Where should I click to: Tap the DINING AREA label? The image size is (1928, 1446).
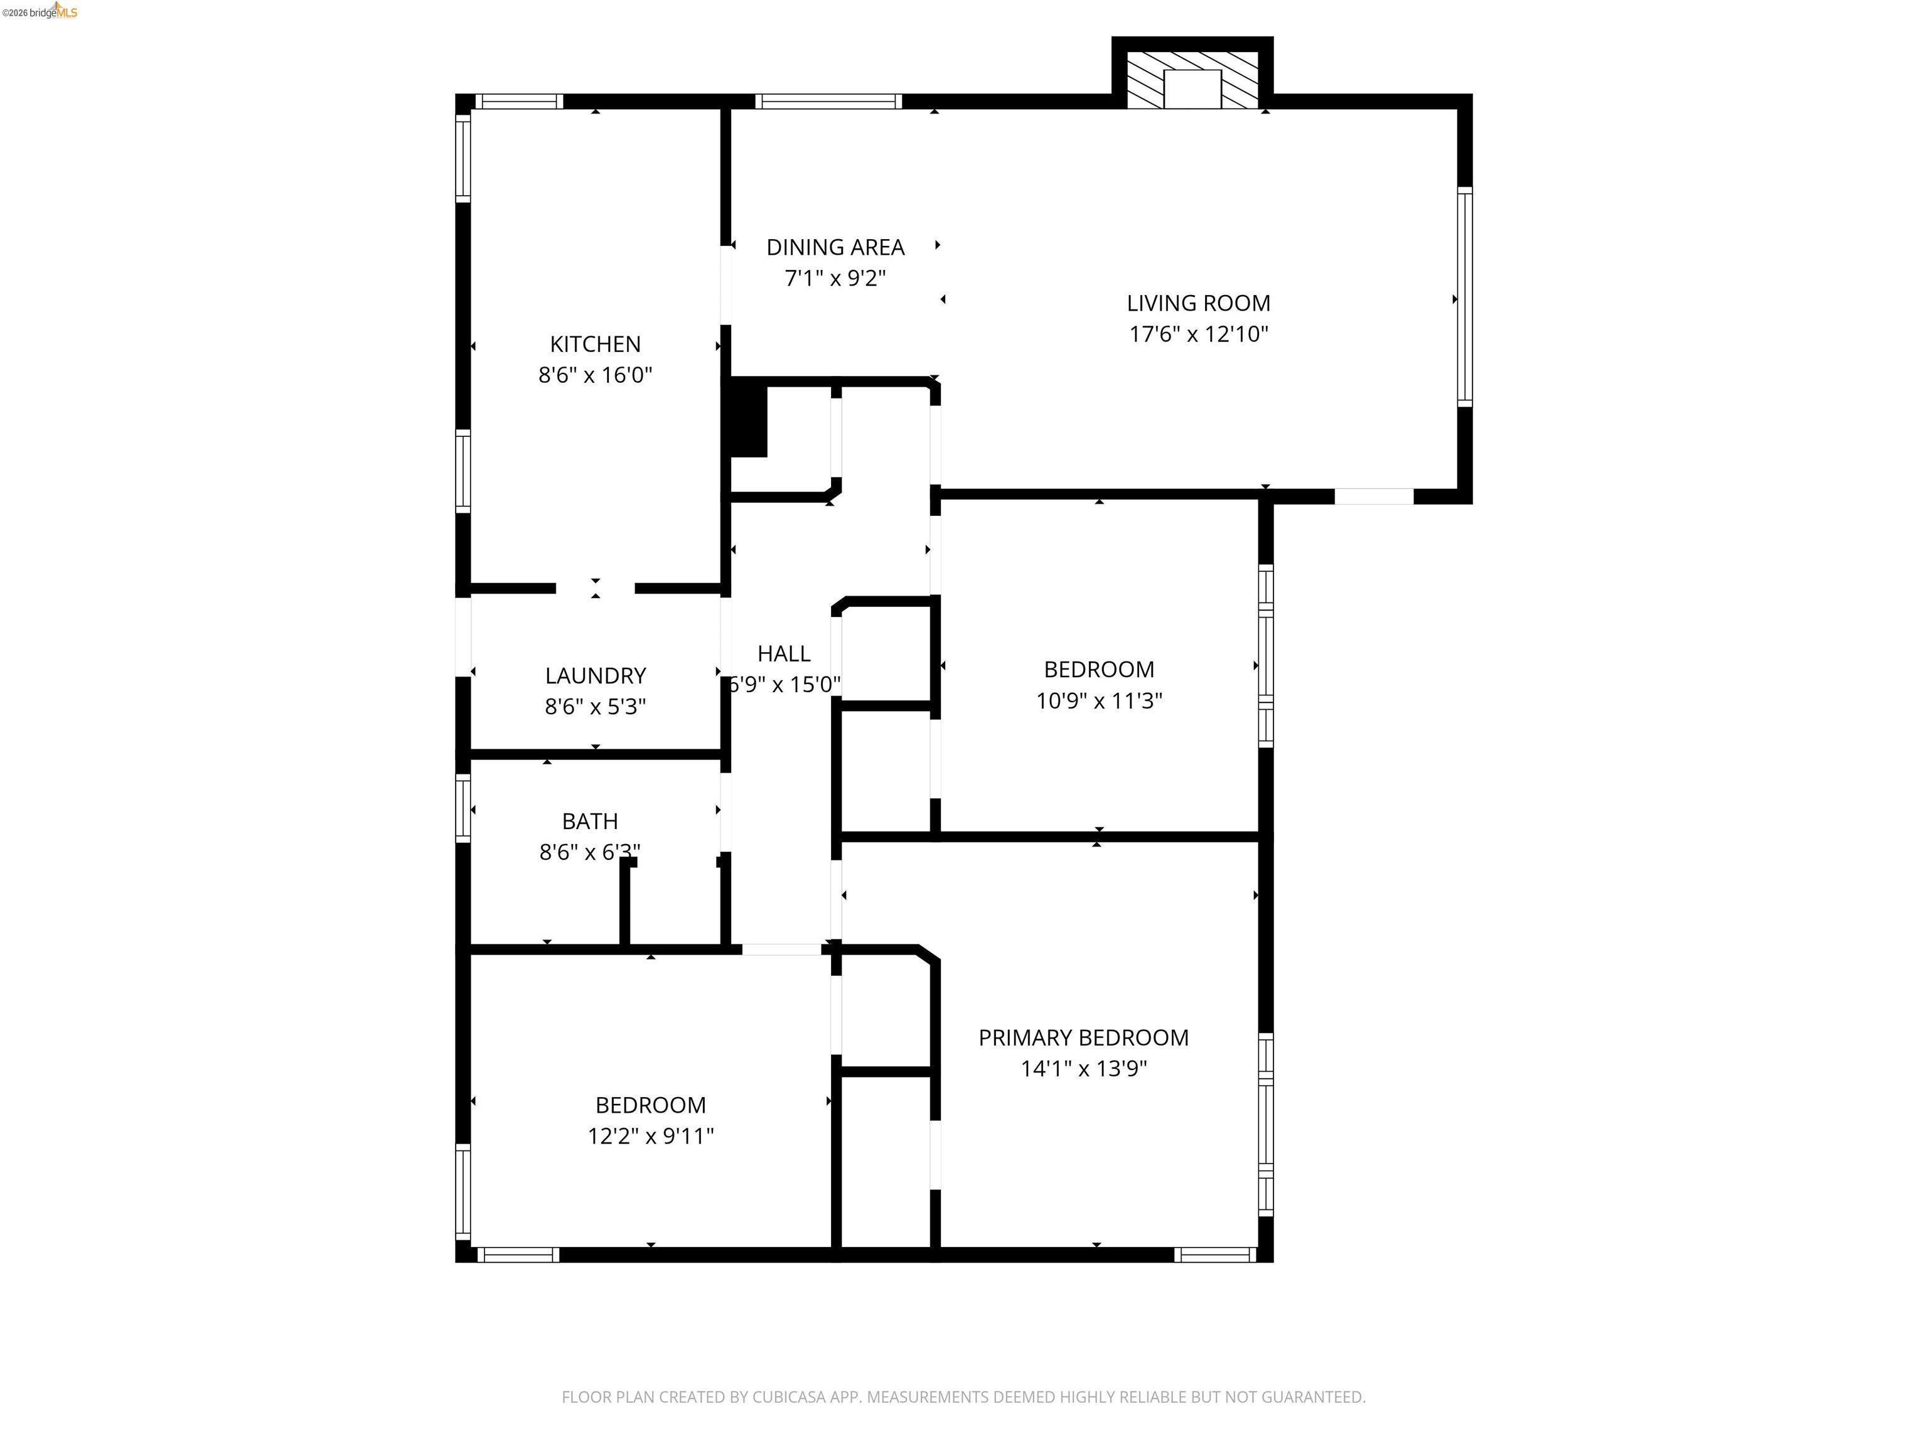tap(835, 247)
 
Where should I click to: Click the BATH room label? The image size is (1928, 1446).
tap(589, 821)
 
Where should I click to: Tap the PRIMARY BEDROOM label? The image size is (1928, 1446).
tap(1083, 1037)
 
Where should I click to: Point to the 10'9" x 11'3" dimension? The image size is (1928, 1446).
tap(1098, 701)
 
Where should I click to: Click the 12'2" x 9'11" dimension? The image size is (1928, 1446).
tap(650, 1136)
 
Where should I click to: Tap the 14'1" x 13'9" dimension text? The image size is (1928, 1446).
tap(1083, 1069)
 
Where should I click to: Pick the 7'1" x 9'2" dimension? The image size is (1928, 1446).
tap(835, 278)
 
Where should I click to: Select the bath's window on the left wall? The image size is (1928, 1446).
tap(463, 809)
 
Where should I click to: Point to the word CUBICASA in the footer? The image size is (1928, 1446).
tap(787, 1397)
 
